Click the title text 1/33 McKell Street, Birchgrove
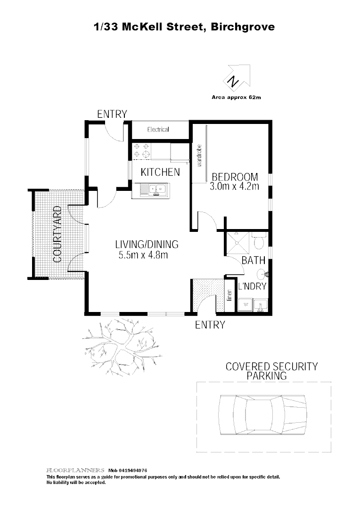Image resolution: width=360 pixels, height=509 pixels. tap(184, 27)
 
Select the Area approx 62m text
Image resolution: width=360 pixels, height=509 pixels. tap(236, 99)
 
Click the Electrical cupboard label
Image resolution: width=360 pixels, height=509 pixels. tap(158, 130)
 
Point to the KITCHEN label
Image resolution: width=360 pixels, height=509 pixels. tap(160, 172)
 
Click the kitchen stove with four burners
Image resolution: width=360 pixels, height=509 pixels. tap(142, 150)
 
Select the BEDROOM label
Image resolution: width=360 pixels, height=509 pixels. tap(235, 177)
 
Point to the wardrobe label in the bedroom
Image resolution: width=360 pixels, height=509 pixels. tap(199, 156)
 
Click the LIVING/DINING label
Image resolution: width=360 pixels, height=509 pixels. tap(147, 244)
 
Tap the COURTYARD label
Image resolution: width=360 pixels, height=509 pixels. tap(57, 234)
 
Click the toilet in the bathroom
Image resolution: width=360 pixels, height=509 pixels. tap(259, 241)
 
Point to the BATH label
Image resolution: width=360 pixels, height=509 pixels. tap(254, 260)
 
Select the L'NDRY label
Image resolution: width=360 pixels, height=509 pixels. tap(253, 286)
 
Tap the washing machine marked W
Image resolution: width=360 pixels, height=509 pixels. tap(245, 305)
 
